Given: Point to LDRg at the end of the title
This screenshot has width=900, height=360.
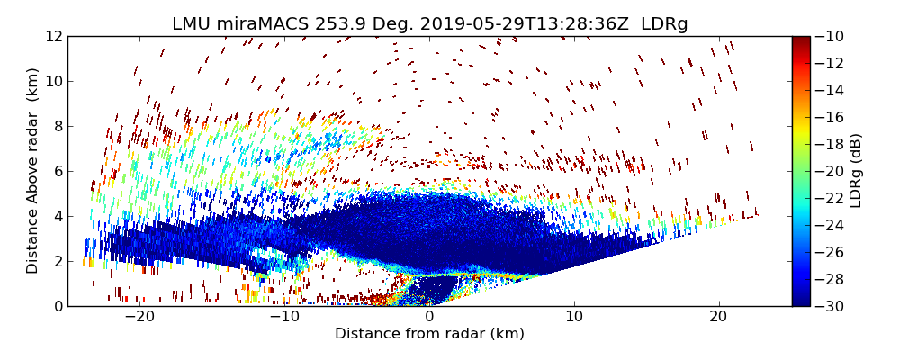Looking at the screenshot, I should pos(664,24).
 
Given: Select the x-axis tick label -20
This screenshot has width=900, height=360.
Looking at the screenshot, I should pos(139,317).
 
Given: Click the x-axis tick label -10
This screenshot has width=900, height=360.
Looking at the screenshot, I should pos(284,317).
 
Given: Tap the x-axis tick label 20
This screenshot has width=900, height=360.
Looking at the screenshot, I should pos(717,317).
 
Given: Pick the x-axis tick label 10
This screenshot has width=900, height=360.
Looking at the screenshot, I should pos(573,317).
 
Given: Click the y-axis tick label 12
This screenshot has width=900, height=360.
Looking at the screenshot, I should pos(52,36).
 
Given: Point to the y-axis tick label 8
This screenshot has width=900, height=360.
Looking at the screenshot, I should pos(56,126).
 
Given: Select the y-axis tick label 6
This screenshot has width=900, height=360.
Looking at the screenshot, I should pos(56,171).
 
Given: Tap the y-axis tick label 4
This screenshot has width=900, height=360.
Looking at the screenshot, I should pos(56,216).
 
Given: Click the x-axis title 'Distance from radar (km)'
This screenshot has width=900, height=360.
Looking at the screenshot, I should pos(429,334).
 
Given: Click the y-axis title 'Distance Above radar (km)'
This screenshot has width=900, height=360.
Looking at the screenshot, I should pos(33,171).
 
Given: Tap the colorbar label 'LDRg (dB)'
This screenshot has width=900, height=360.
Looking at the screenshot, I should pos(856,171).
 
